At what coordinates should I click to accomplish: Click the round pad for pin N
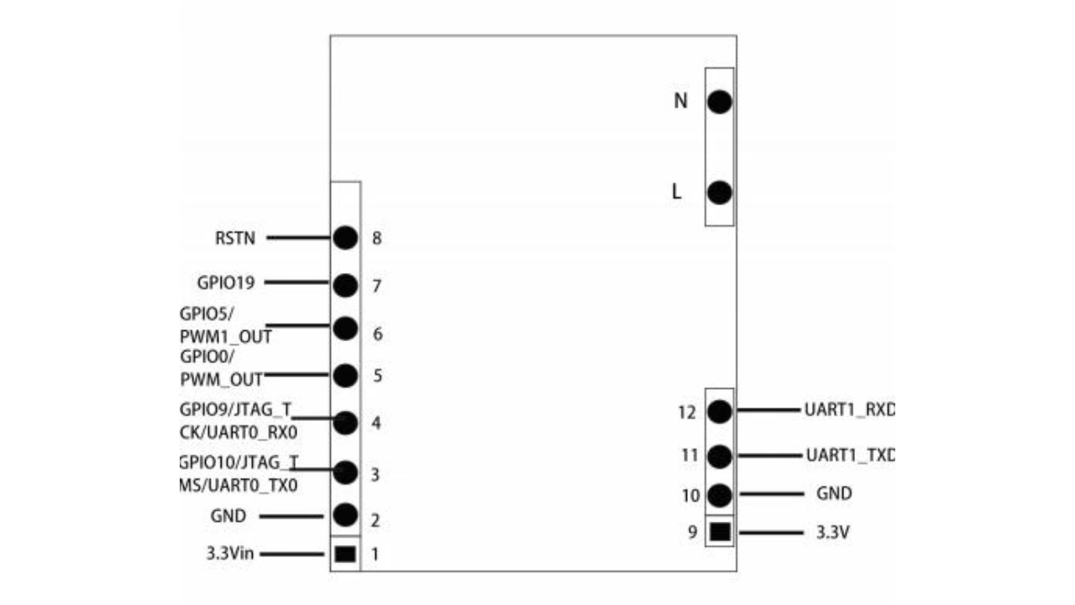click(720, 102)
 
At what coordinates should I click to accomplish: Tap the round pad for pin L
click(720, 192)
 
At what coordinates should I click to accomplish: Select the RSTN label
click(235, 238)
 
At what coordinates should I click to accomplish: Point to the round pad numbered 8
click(345, 238)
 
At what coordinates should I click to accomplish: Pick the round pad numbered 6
click(345, 328)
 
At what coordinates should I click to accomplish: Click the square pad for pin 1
click(345, 555)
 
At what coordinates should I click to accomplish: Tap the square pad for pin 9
click(720, 532)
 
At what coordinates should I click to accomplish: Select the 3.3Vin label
click(230, 555)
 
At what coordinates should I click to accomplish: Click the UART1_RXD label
click(850, 412)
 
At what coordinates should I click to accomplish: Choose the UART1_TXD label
click(850, 456)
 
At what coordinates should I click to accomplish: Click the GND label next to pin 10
click(833, 494)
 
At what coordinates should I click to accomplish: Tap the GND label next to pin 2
click(228, 516)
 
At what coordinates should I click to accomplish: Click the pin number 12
click(687, 413)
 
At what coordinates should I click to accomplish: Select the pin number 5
click(378, 376)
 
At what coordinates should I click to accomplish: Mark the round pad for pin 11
click(720, 456)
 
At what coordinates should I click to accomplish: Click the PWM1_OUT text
click(226, 337)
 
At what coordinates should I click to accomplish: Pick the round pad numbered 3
click(345, 472)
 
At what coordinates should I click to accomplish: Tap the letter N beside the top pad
click(681, 101)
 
